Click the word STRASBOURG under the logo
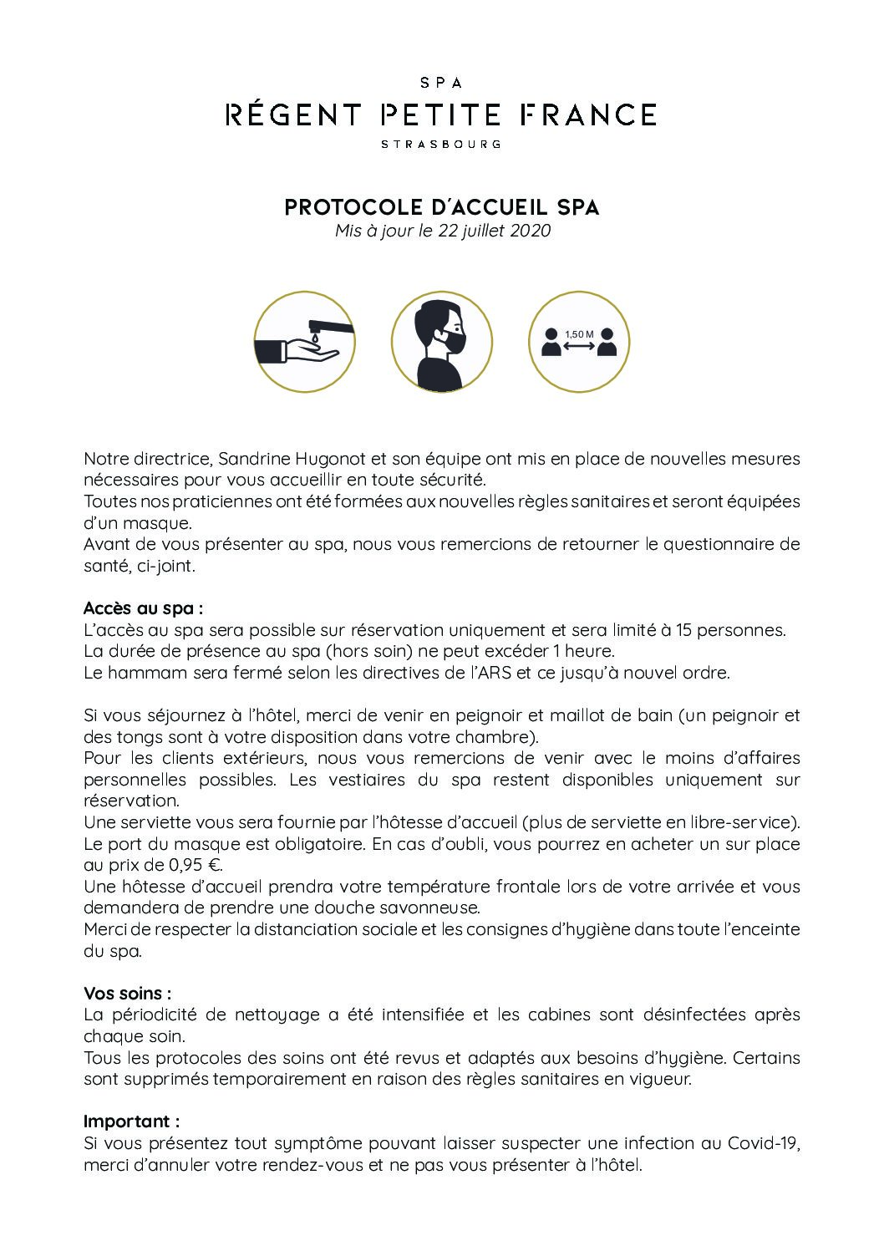[440, 144]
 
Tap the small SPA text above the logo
[440, 83]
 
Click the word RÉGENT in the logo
[293, 114]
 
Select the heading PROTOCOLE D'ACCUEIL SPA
[442, 207]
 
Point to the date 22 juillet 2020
[494, 231]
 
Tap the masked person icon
[441, 342]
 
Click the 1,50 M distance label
[579, 334]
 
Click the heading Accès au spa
[143, 608]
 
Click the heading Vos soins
[127, 994]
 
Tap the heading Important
[131, 1121]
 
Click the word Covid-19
[764, 1143]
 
